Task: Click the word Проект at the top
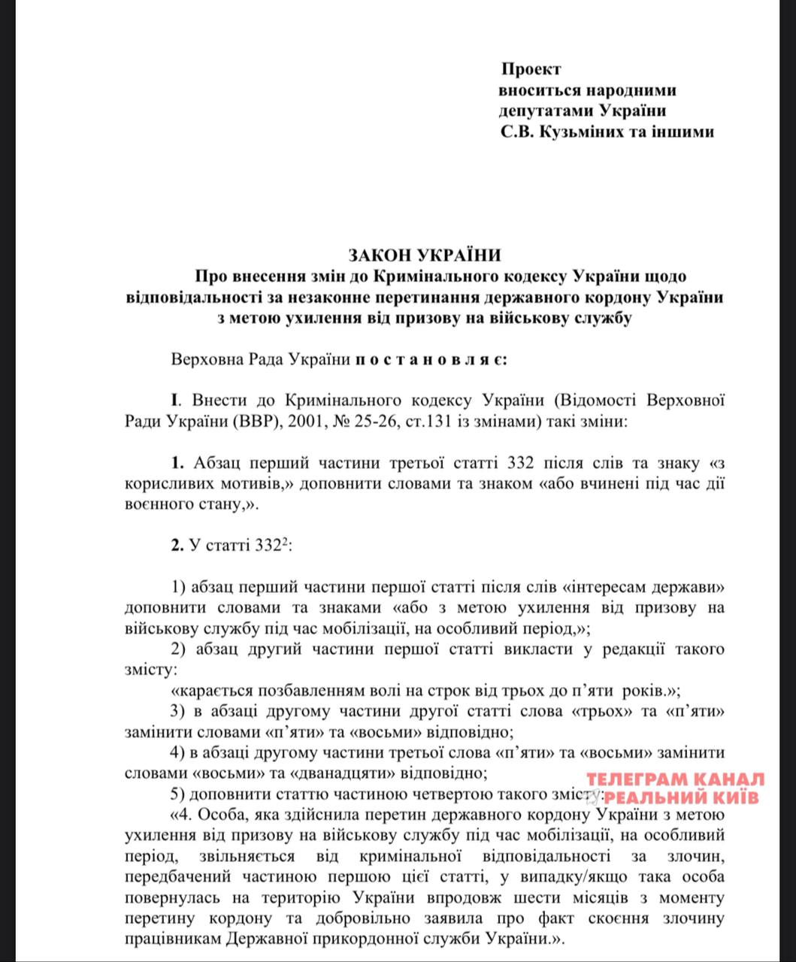tap(531, 69)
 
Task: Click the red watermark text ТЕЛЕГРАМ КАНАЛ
tap(675, 779)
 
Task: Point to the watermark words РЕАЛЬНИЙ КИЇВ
tap(682, 797)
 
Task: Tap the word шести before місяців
tap(492, 897)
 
